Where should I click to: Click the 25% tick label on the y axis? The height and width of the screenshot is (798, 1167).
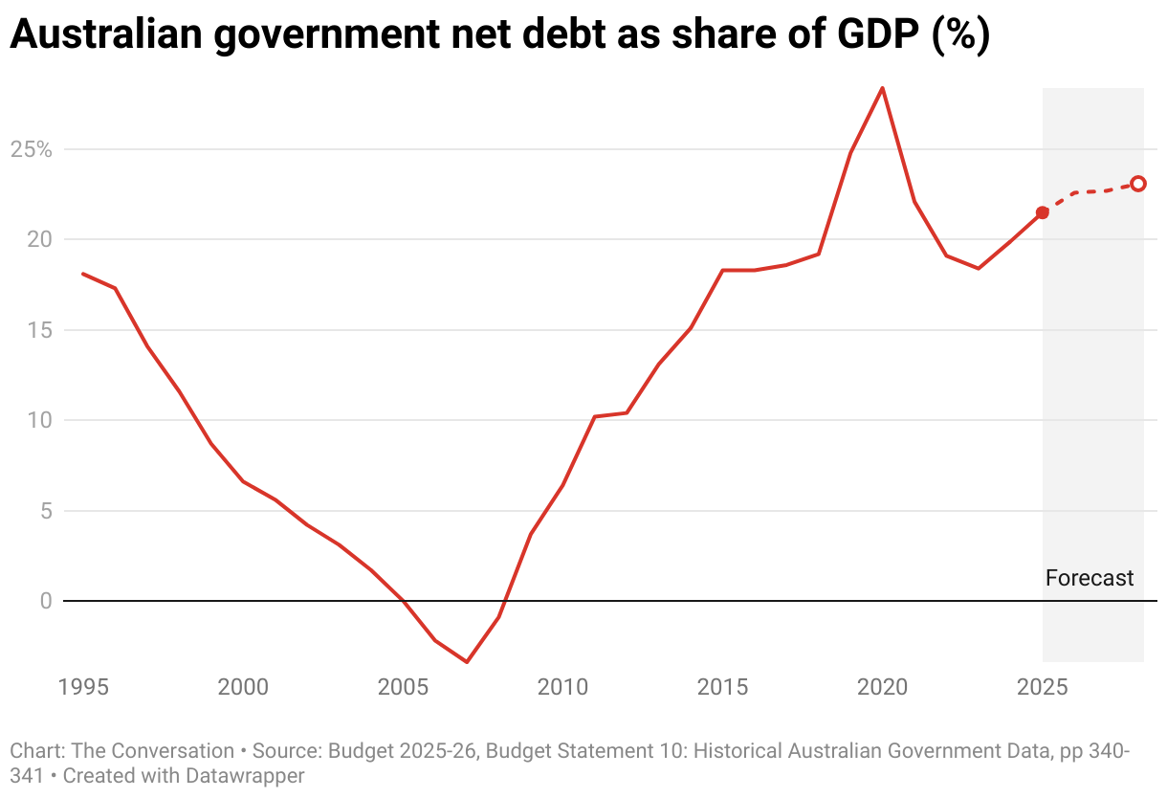[x=31, y=149]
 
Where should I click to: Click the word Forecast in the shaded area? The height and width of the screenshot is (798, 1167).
[x=1090, y=578]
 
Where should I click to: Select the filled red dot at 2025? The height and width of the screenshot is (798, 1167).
[x=1043, y=212]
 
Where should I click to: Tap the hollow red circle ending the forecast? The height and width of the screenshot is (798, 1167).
[x=1138, y=184]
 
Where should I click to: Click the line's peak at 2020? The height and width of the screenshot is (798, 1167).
[x=882, y=88]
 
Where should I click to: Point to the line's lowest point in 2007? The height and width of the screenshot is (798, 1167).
[x=467, y=661]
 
